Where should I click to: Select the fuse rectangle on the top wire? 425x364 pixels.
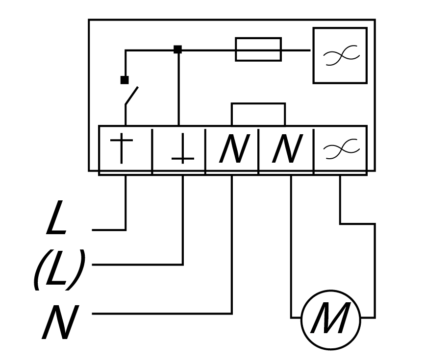tap(258, 49)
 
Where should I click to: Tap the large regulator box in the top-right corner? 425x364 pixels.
tap(340, 55)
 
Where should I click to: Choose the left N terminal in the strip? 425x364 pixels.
tap(232, 150)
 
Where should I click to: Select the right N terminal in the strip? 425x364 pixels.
tap(285, 150)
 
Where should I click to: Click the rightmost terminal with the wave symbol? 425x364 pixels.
tap(340, 149)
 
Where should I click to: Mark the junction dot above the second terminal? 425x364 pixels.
tap(178, 49)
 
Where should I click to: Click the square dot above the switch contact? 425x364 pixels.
tap(125, 80)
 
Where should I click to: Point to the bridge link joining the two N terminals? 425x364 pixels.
tap(258, 104)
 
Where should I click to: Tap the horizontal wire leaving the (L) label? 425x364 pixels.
tap(137, 265)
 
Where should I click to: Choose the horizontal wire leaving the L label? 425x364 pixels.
tap(109, 229)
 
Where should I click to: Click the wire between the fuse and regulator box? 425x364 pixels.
tap(296, 49)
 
